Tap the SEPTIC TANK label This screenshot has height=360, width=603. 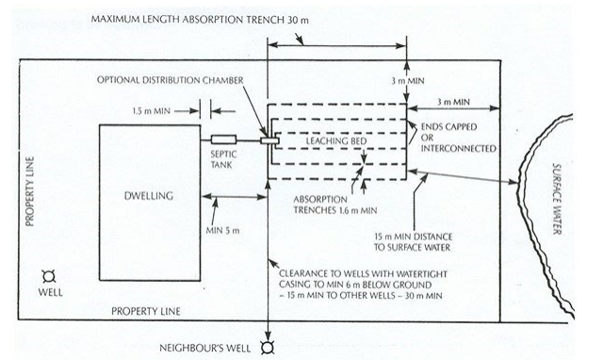tap(224, 161)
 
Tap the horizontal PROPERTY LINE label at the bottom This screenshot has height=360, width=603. tap(143, 309)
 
